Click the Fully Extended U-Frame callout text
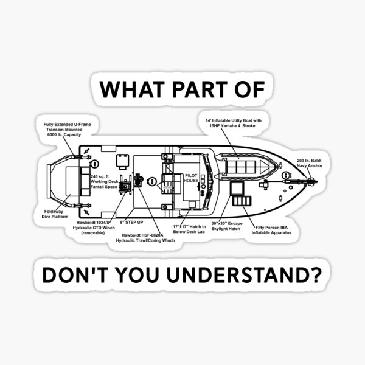[x=62, y=130]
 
